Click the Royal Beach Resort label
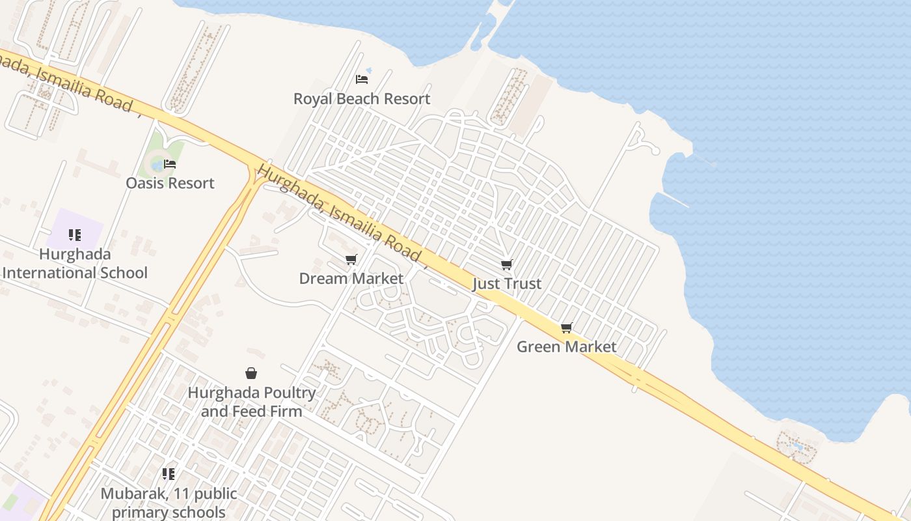tap(362, 99)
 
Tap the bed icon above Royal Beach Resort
tap(362, 79)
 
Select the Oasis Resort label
tap(170, 183)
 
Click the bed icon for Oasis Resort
tap(170, 164)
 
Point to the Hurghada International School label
tap(75, 264)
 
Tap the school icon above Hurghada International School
tap(75, 235)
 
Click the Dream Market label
tap(351, 279)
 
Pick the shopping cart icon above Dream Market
tap(351, 260)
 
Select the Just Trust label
tap(507, 284)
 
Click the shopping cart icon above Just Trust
tap(507, 264)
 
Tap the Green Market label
tap(566, 346)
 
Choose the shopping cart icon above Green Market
tap(566, 328)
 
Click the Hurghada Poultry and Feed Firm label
tap(251, 402)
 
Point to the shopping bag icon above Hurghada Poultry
tap(251, 373)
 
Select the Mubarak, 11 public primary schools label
tap(169, 503)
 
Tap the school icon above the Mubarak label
tap(169, 474)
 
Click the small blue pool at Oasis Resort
tap(157, 165)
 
